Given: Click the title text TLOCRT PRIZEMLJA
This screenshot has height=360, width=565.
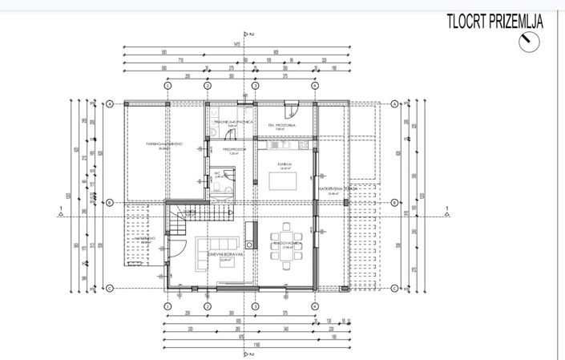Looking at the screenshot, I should [x=494, y=22].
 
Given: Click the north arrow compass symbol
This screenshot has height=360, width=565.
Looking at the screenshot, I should [x=529, y=42].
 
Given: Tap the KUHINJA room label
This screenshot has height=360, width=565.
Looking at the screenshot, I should [x=283, y=164].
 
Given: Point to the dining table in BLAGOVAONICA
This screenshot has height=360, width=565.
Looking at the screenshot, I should [x=286, y=257].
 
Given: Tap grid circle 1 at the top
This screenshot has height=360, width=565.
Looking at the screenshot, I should [x=167, y=85].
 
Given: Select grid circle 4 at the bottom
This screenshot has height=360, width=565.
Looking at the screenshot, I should [x=315, y=305].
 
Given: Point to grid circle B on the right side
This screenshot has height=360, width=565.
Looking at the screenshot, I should [x=395, y=203].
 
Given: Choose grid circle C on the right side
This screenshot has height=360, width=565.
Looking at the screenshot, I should [x=395, y=287].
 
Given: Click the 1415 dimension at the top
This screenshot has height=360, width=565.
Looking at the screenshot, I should [x=239, y=45].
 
